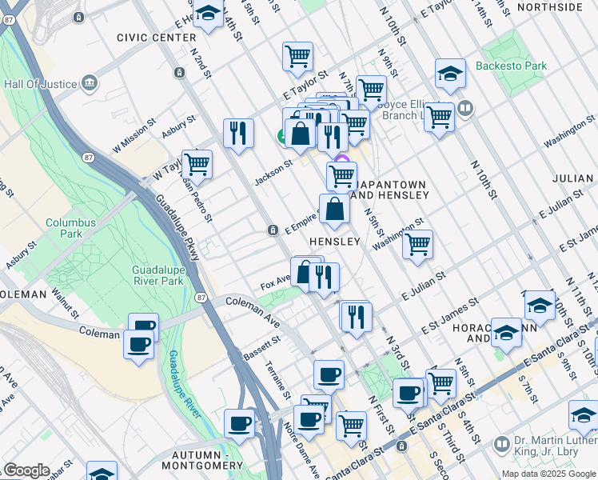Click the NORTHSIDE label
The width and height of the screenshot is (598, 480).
click(x=561, y=7)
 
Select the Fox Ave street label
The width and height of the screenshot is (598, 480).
click(x=274, y=285)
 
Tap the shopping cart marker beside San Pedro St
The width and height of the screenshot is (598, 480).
click(x=197, y=164)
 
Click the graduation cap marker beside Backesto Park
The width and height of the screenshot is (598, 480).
click(x=451, y=74)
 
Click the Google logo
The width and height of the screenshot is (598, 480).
click(x=26, y=470)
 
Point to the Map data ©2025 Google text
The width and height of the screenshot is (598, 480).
click(x=548, y=474)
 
